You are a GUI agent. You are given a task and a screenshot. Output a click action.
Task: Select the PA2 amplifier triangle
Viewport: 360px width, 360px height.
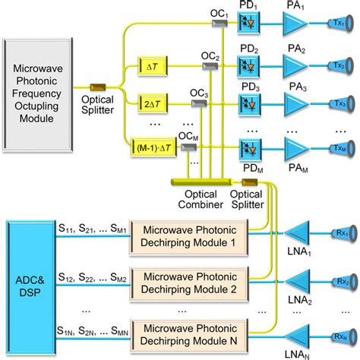point(292,66)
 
